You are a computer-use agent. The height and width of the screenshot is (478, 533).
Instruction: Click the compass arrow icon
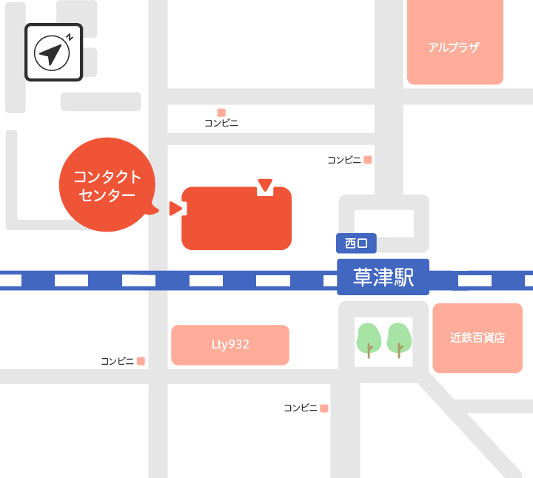pyautogui.click(x=50, y=54)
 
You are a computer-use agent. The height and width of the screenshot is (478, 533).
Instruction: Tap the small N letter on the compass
pyautogui.click(x=69, y=36)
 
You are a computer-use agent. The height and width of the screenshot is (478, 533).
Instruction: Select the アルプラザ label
pyautogui.click(x=454, y=47)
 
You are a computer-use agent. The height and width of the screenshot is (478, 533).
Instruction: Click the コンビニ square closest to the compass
pyautogui.click(x=221, y=112)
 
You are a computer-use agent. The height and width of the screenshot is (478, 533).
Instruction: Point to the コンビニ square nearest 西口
pyautogui.click(x=368, y=160)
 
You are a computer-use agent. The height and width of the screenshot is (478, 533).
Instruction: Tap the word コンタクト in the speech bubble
pyautogui.click(x=107, y=177)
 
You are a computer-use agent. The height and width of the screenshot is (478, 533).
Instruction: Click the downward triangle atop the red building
pyautogui.click(x=265, y=184)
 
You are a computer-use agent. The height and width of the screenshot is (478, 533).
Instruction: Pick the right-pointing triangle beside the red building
pyautogui.click(x=175, y=209)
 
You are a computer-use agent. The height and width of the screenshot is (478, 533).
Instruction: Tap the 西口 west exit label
pyautogui.click(x=356, y=243)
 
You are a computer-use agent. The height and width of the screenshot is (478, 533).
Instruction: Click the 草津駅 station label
pyautogui.click(x=382, y=277)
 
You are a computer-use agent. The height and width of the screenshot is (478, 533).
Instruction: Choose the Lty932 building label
pyautogui.click(x=229, y=345)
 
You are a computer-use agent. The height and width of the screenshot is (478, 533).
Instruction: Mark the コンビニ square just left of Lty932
pyautogui.click(x=141, y=361)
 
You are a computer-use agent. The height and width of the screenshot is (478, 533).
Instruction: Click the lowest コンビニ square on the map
pyautogui.click(x=324, y=408)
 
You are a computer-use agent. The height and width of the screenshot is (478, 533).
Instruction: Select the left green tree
pyautogui.click(x=369, y=340)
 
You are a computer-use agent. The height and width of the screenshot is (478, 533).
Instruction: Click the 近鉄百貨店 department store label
pyautogui.click(x=477, y=337)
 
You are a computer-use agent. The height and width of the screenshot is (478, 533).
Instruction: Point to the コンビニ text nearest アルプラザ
pyautogui.click(x=344, y=160)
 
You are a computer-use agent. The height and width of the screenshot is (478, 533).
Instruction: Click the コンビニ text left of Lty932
pyautogui.click(x=117, y=361)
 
